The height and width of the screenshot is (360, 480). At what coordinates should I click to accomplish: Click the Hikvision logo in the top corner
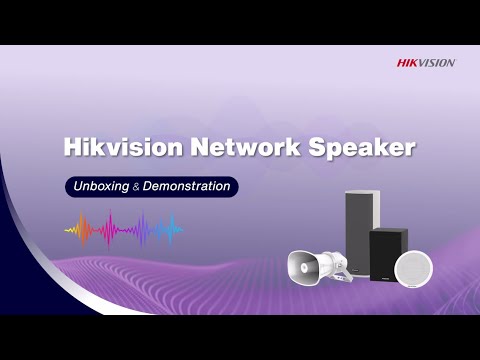425,63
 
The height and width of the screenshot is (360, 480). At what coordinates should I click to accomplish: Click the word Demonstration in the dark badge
185,186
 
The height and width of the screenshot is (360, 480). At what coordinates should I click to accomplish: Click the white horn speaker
310,264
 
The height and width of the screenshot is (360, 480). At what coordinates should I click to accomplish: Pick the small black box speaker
388,256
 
